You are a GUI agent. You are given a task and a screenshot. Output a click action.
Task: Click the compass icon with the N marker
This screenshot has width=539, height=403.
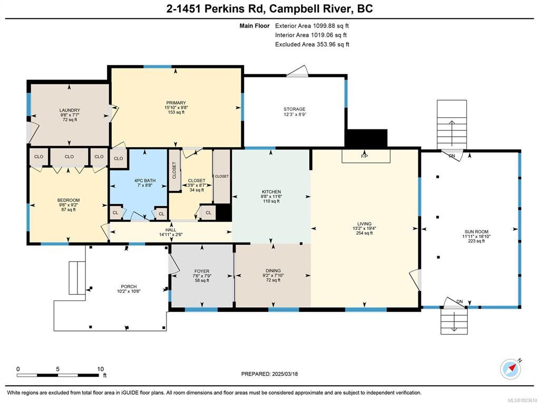coord(511,369)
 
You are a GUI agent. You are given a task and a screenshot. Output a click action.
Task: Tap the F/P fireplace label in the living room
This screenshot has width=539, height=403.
coord(365,157)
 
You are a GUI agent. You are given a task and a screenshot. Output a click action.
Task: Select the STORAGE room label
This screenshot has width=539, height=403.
coord(294,109)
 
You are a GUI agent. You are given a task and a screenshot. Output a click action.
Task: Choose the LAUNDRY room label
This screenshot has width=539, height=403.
coord(70,110)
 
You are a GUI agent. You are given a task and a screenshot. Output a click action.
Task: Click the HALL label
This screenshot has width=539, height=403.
coord(171,230)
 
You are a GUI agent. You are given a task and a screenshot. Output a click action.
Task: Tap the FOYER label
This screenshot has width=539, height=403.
coord(201,271)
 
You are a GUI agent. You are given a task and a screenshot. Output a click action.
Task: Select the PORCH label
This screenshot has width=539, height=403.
coord(129,286)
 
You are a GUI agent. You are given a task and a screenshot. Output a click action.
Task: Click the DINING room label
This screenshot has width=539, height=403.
coord(273,270)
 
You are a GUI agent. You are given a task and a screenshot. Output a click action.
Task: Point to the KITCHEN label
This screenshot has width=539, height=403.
coord(271,192)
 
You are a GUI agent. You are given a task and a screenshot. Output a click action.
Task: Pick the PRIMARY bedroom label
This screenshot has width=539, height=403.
coord(176,103)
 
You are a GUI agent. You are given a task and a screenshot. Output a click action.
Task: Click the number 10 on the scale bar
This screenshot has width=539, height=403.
coord(100,369)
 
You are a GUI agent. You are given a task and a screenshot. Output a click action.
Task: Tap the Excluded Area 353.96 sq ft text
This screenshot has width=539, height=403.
coord(312,44)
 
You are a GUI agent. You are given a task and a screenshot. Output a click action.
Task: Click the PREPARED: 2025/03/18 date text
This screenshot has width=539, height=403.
coord(270,374)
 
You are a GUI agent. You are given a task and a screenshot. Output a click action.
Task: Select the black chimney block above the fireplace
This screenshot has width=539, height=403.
coord(366,138)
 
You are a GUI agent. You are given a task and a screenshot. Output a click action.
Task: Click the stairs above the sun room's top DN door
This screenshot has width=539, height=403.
coord(452,125)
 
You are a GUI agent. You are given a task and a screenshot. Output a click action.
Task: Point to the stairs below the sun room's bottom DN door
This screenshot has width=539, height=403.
coord(454,320)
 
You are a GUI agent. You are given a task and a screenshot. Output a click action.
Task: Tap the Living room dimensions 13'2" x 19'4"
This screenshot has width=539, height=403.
coord(364,228)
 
